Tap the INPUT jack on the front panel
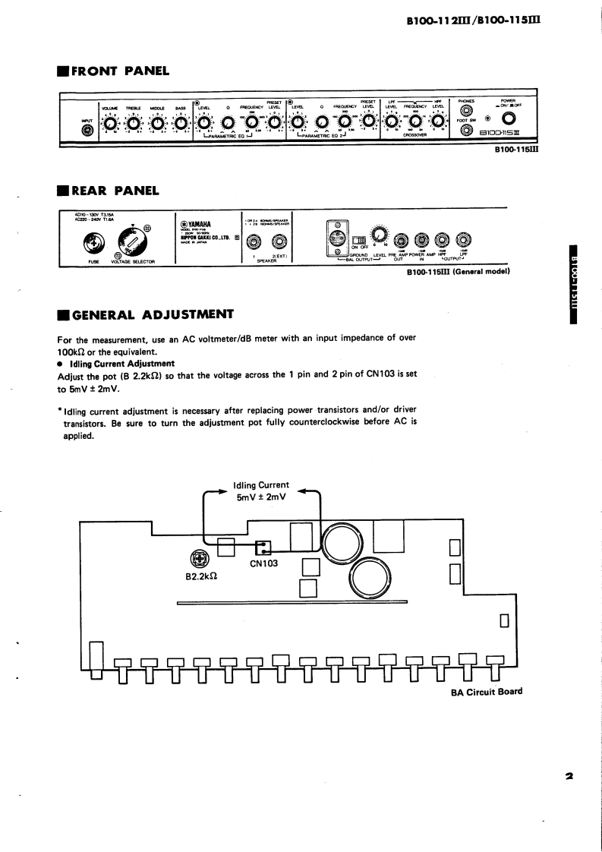point(87,131)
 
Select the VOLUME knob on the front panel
point(111,124)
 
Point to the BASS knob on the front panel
point(180,124)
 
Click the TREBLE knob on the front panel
point(134,124)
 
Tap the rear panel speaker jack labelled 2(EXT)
point(280,242)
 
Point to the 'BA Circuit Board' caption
point(481,692)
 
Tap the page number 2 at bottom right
point(568,776)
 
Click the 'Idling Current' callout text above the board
point(262,484)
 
